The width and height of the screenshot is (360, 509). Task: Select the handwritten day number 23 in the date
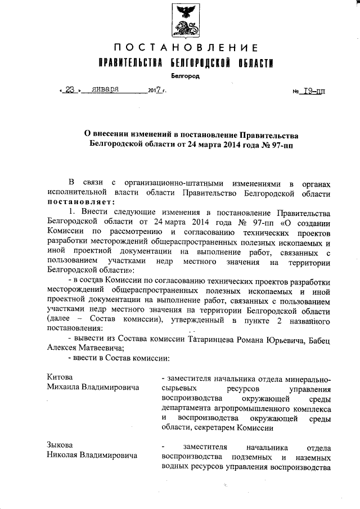click(70, 89)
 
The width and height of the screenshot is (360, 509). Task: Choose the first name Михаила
click(64, 388)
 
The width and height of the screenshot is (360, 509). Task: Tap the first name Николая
click(63, 455)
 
